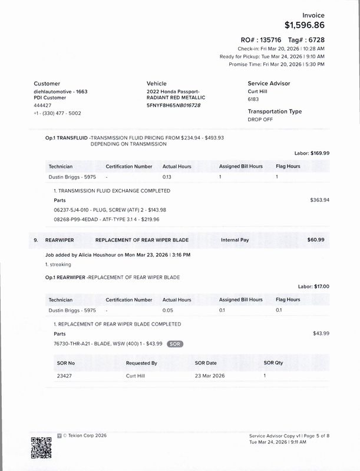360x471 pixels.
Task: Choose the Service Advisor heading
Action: pos(269,84)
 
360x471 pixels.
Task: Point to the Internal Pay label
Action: pos(237,240)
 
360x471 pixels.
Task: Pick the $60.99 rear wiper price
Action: pos(319,240)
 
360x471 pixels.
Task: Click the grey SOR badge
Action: pos(174,343)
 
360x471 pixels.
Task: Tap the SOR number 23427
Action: pos(65,375)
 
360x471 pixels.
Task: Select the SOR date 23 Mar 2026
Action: pos(210,375)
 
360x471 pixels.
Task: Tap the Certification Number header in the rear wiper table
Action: pos(129,300)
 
